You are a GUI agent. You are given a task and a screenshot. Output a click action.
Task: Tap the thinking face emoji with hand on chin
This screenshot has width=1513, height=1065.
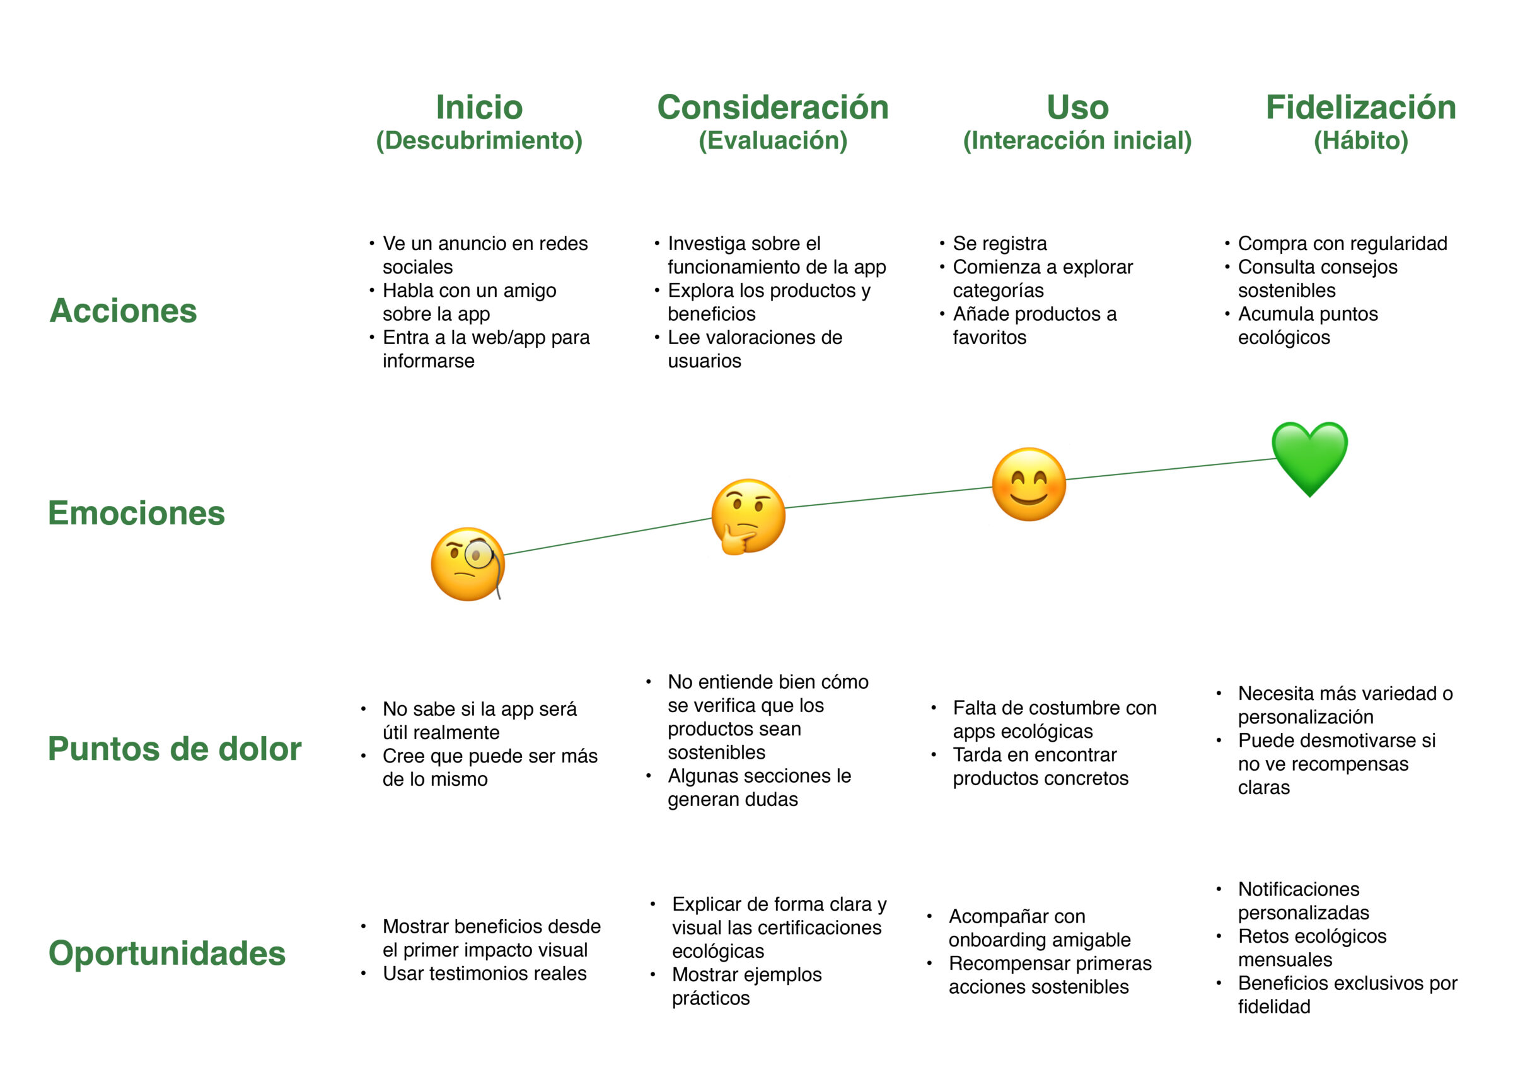(x=747, y=516)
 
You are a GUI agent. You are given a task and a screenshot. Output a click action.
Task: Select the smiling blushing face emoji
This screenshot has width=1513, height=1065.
(x=1028, y=484)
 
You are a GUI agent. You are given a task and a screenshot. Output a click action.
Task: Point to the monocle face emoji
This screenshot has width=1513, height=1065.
(x=467, y=564)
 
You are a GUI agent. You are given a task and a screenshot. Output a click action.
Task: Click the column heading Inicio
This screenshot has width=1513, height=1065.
(x=479, y=107)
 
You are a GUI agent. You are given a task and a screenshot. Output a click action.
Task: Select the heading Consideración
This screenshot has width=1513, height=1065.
(x=772, y=107)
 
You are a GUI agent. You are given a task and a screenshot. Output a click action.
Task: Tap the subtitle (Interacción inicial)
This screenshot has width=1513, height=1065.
(x=1077, y=141)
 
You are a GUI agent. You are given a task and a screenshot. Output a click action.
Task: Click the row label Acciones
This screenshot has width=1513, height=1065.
(x=123, y=310)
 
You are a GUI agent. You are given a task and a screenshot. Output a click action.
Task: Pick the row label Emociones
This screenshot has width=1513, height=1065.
(x=136, y=513)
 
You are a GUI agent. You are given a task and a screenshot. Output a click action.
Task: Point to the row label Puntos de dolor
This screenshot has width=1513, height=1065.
(x=174, y=749)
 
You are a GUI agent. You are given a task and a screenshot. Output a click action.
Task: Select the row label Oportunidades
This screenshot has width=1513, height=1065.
(x=166, y=953)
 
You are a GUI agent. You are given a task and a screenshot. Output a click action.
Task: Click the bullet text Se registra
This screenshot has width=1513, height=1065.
(x=999, y=244)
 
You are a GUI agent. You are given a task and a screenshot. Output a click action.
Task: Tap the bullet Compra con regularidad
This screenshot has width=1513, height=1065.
(x=1342, y=244)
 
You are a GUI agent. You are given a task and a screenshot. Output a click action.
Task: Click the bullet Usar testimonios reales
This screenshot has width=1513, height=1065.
(x=484, y=974)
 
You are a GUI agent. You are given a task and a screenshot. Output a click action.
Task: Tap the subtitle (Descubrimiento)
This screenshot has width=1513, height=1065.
(x=479, y=141)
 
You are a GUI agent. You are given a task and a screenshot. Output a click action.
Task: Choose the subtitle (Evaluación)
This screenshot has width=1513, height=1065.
(x=772, y=141)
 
